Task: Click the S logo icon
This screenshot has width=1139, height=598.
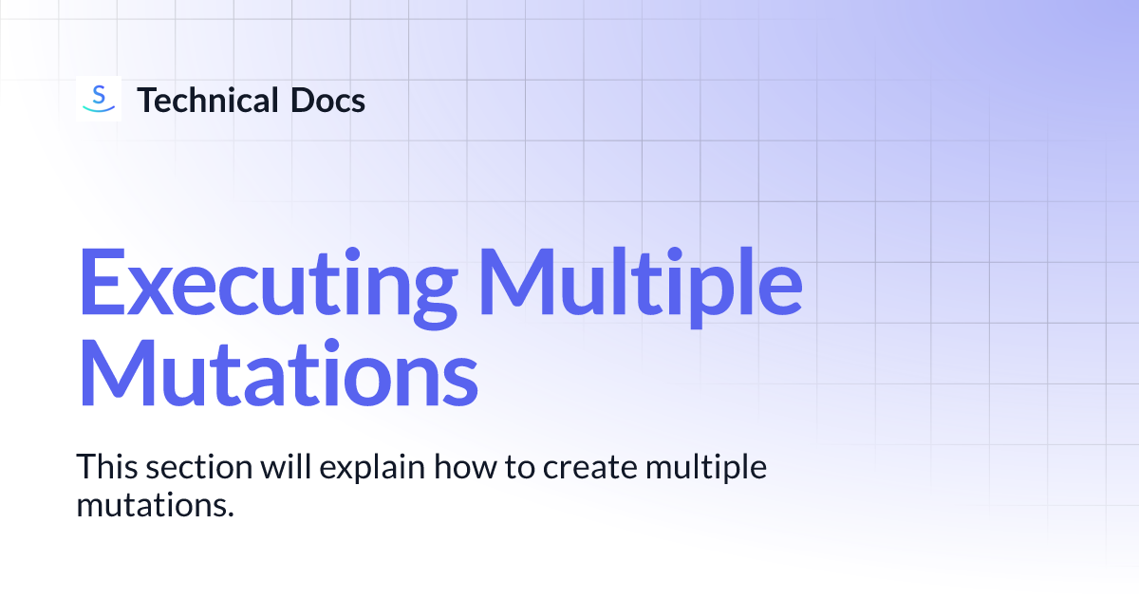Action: click(98, 99)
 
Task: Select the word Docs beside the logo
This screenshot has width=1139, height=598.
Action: click(328, 100)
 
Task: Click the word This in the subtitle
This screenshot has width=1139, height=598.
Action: click(105, 467)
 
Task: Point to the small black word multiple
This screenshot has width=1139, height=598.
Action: click(704, 469)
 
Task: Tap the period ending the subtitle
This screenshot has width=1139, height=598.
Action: click(230, 514)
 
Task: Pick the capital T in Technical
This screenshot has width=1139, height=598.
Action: click(147, 100)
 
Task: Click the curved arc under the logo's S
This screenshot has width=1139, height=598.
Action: click(98, 110)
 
